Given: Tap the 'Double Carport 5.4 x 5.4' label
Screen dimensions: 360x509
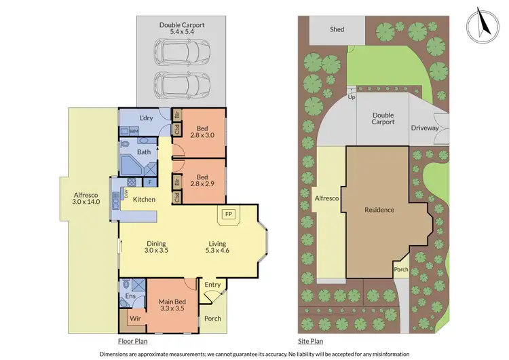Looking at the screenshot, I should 182,29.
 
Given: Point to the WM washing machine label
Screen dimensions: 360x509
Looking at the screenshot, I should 134,130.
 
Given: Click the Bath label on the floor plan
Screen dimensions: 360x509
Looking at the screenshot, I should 144,152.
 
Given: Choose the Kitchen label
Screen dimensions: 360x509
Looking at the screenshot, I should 144,199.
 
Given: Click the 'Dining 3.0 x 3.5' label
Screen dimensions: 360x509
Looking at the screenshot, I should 155,247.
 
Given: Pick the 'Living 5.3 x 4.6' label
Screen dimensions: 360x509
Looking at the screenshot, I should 217,247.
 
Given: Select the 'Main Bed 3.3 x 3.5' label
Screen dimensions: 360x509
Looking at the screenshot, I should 172,306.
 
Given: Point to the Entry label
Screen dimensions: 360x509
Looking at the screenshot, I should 212,284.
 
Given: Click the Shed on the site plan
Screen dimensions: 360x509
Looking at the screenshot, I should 337,29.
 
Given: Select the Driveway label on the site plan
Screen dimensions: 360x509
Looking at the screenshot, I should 425,128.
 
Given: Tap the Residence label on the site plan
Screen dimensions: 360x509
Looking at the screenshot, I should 379,210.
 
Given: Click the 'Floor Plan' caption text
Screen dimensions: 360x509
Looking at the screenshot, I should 132,341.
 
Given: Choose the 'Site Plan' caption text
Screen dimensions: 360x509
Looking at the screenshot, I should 311,341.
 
